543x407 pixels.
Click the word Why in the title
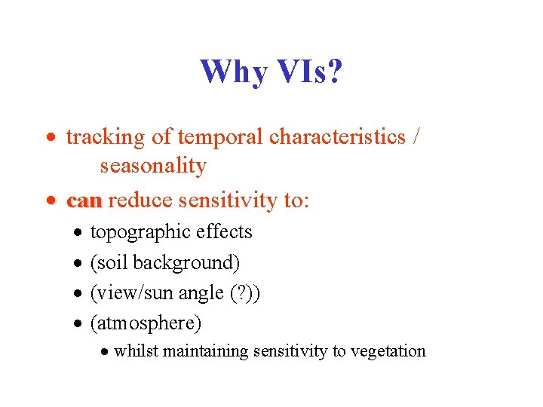click(x=234, y=72)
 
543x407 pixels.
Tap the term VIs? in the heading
click(x=306, y=72)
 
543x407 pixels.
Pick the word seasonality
click(x=153, y=166)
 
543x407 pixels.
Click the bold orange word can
click(x=84, y=201)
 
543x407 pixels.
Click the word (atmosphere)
click(x=146, y=323)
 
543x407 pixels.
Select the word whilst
click(x=134, y=351)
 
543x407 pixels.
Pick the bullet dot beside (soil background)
click(x=78, y=264)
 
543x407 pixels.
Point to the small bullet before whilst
click(x=105, y=352)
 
